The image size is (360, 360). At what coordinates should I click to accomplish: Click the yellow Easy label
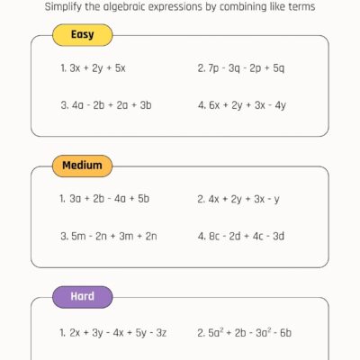pyautogui.click(x=83, y=36)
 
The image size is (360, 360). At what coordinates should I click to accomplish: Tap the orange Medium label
pyautogui.click(x=82, y=166)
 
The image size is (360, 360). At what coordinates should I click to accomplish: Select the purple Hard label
pyautogui.click(x=82, y=295)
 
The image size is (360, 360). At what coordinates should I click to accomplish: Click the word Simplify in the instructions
pyautogui.click(x=51, y=7)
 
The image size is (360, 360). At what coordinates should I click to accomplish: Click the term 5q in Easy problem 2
pyautogui.click(x=278, y=67)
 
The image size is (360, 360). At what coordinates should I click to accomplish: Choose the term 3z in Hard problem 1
pyautogui.click(x=162, y=332)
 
